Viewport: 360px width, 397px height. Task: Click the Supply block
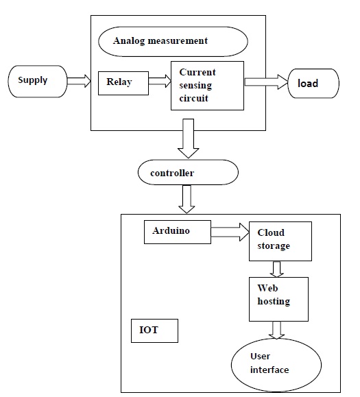point(34,81)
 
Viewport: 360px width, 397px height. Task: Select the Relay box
point(121,82)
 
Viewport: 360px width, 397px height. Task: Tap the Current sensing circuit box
point(207,86)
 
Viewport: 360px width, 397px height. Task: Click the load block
point(313,83)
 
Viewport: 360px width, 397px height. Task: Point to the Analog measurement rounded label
point(172,41)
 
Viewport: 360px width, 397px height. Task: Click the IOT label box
point(154,331)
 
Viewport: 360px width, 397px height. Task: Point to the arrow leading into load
point(266,82)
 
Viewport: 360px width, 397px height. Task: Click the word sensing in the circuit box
point(197,85)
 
